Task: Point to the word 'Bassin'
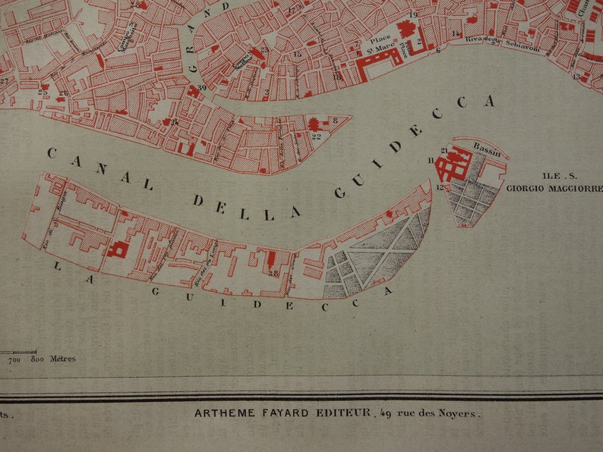(487, 146)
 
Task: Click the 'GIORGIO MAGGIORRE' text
(554, 187)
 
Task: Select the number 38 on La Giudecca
(273, 274)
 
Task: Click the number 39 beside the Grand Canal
(201, 89)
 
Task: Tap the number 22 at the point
(316, 137)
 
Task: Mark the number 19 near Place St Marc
(413, 14)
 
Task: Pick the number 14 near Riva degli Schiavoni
(455, 34)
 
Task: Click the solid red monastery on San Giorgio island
(454, 165)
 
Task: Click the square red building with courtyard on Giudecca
(117, 249)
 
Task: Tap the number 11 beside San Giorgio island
(431, 160)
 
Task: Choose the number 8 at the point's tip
(335, 120)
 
